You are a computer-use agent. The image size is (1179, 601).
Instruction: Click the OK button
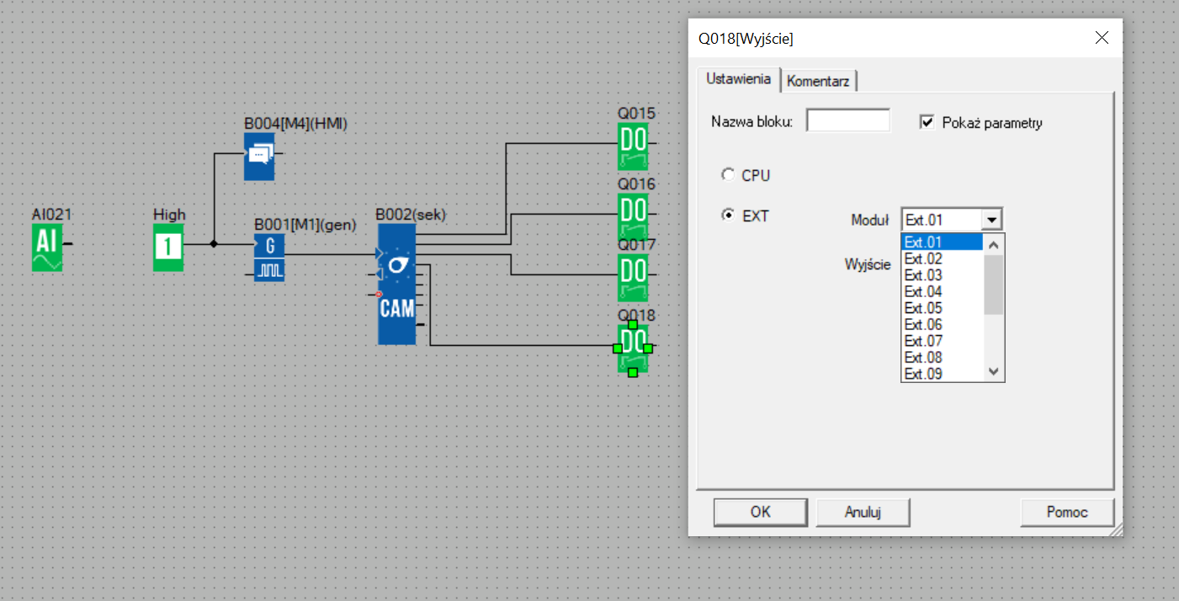[x=760, y=512]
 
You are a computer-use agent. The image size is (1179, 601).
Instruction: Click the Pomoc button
[x=1067, y=512]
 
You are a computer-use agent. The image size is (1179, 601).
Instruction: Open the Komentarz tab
[x=818, y=81]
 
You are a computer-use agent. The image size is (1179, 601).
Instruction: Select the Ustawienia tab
[x=738, y=79]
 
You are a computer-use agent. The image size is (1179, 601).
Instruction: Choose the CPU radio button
[x=728, y=175]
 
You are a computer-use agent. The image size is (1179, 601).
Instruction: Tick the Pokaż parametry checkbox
[x=927, y=122]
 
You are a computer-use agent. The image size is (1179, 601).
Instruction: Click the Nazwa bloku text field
[x=848, y=121]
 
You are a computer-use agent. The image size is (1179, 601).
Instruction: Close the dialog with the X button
[x=1102, y=38]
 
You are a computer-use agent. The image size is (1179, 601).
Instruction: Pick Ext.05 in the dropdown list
[x=923, y=308]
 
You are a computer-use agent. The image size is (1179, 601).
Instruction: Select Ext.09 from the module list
[x=923, y=374]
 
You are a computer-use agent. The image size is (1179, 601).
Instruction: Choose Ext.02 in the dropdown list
[x=923, y=258]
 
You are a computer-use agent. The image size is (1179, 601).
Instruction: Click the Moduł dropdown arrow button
[x=991, y=220]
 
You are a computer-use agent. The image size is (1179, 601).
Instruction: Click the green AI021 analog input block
[x=47, y=247]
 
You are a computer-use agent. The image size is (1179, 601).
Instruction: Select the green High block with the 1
[x=168, y=247]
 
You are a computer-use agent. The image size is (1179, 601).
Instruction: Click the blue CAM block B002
[x=397, y=285]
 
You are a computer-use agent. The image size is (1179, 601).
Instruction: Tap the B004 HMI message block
[x=259, y=157]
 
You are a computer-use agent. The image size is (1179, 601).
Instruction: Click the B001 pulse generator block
[x=269, y=258]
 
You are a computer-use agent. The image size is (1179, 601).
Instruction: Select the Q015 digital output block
[x=633, y=146]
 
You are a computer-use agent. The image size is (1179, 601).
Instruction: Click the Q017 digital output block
[x=633, y=278]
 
